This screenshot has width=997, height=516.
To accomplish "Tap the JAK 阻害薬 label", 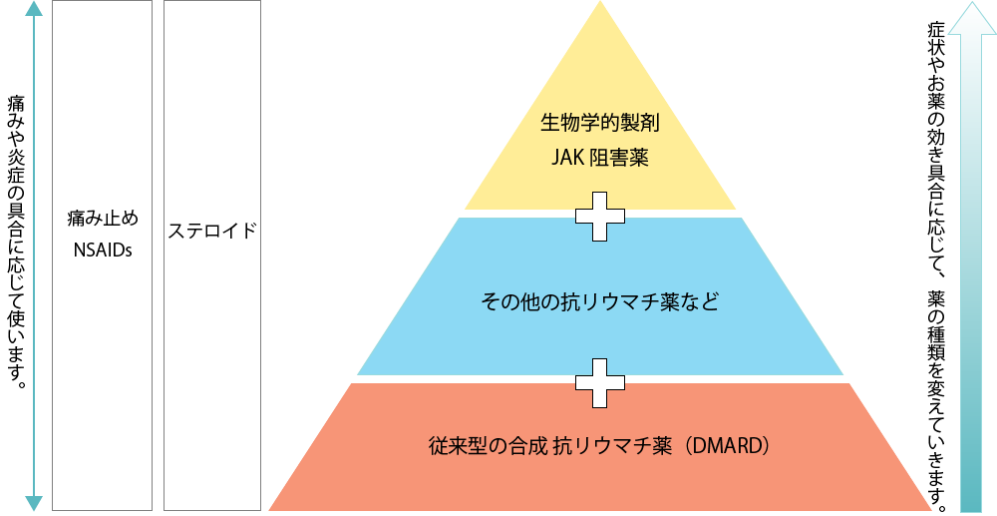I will point(600,157).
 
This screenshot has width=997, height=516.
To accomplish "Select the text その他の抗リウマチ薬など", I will point(599,300).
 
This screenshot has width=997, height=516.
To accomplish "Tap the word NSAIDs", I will point(103,250).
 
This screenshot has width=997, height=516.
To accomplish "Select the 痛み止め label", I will point(103,219).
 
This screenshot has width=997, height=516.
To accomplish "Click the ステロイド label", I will point(211,232).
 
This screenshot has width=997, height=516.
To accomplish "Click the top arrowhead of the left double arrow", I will point(33,9).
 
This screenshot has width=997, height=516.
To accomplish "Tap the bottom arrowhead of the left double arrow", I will point(33,503).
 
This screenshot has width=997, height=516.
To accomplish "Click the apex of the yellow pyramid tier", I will point(600,6).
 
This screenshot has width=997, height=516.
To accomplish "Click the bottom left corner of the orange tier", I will point(272,508).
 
